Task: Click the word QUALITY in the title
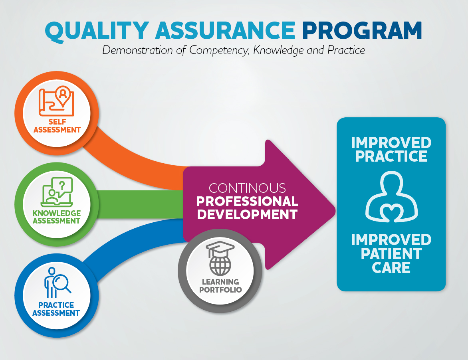click(x=97, y=31)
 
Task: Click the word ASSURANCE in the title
click(x=225, y=30)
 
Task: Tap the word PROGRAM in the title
click(x=362, y=30)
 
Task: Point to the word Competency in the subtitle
click(x=219, y=50)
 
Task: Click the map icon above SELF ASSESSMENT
click(x=56, y=101)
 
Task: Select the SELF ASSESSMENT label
click(x=57, y=126)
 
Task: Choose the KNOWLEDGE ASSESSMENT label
click(x=57, y=217)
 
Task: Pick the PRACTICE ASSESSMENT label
click(x=56, y=309)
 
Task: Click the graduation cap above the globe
click(x=220, y=248)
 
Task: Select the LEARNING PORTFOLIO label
click(x=220, y=286)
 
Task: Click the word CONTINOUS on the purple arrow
click(x=247, y=188)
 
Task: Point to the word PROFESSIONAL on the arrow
click(x=247, y=201)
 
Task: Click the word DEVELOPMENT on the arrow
click(x=247, y=214)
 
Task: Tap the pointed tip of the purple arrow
click(x=335, y=211)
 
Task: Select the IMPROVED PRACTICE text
click(x=391, y=149)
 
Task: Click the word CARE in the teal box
click(x=391, y=267)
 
